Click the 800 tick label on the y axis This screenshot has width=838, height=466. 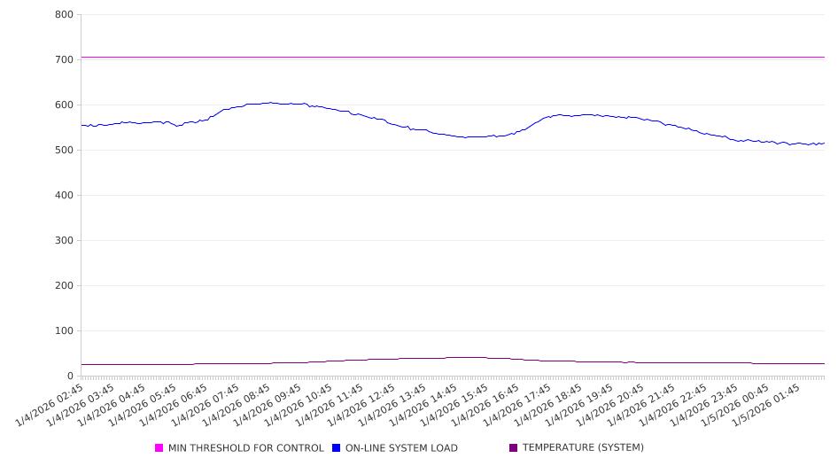click(x=64, y=15)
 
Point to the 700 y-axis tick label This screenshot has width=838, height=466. click(x=64, y=60)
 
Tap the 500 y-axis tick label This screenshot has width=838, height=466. click(x=64, y=151)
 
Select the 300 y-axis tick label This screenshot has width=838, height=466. click(x=64, y=241)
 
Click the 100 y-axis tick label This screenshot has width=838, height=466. click(x=64, y=331)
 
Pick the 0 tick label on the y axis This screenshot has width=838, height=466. click(x=69, y=377)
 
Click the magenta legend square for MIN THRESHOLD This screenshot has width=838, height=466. click(x=159, y=448)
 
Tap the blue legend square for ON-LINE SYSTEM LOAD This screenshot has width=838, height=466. click(x=337, y=448)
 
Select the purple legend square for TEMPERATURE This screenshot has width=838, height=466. click(x=514, y=448)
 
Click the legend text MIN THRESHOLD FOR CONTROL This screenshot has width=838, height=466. click(x=245, y=448)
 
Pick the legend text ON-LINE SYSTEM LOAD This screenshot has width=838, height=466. click(x=401, y=448)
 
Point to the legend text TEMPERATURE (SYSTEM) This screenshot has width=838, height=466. click(x=583, y=448)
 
